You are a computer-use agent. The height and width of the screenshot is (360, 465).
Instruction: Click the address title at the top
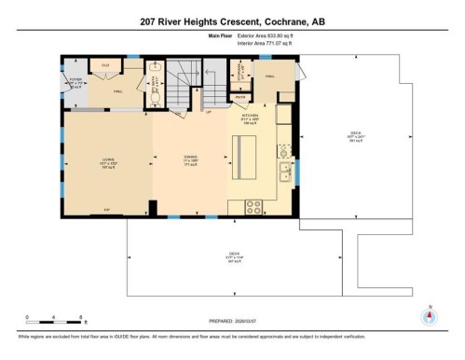(232, 21)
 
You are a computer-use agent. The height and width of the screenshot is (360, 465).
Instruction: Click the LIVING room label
(108, 160)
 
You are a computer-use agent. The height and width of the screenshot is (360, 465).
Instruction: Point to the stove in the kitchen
(253, 207)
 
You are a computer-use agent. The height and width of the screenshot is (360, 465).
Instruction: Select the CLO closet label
(105, 65)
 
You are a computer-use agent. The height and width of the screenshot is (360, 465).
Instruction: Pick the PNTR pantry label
(239, 97)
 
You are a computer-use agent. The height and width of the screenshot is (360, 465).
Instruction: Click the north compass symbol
(429, 315)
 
